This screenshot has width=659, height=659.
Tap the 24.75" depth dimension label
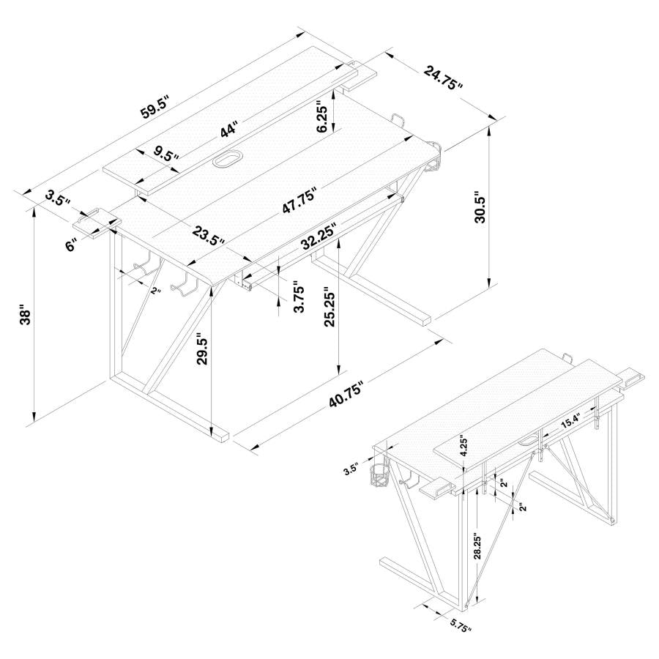point(443,78)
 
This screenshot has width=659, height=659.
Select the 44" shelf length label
point(230,130)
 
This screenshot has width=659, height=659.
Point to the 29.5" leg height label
point(203,349)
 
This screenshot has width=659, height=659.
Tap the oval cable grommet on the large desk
point(229,159)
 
